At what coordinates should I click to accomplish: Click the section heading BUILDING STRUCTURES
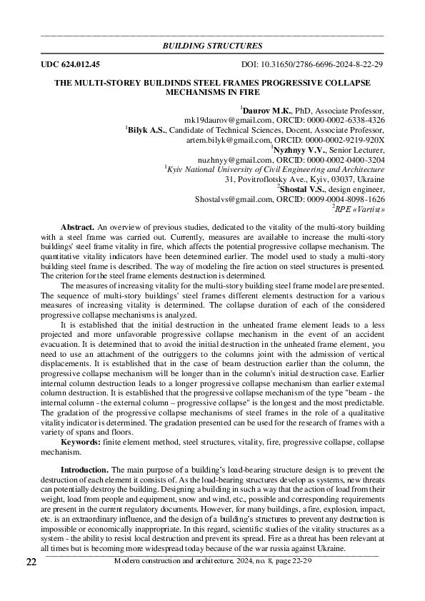213,46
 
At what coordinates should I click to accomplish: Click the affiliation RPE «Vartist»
360,210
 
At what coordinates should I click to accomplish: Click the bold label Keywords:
80,443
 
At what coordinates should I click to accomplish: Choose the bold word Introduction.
84,470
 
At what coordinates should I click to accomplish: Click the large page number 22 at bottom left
31,562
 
